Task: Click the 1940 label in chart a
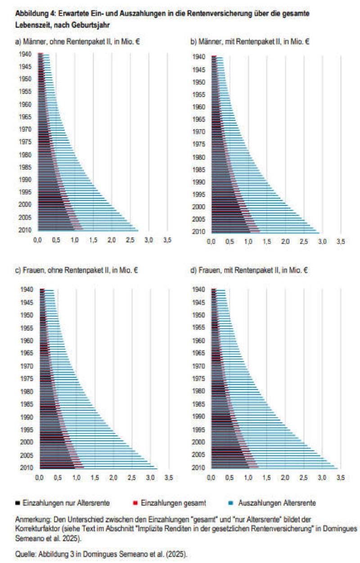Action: [x=25, y=54]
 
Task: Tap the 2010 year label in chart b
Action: [x=199, y=232]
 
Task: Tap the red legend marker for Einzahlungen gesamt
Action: [x=137, y=502]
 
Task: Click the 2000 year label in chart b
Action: [x=199, y=207]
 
